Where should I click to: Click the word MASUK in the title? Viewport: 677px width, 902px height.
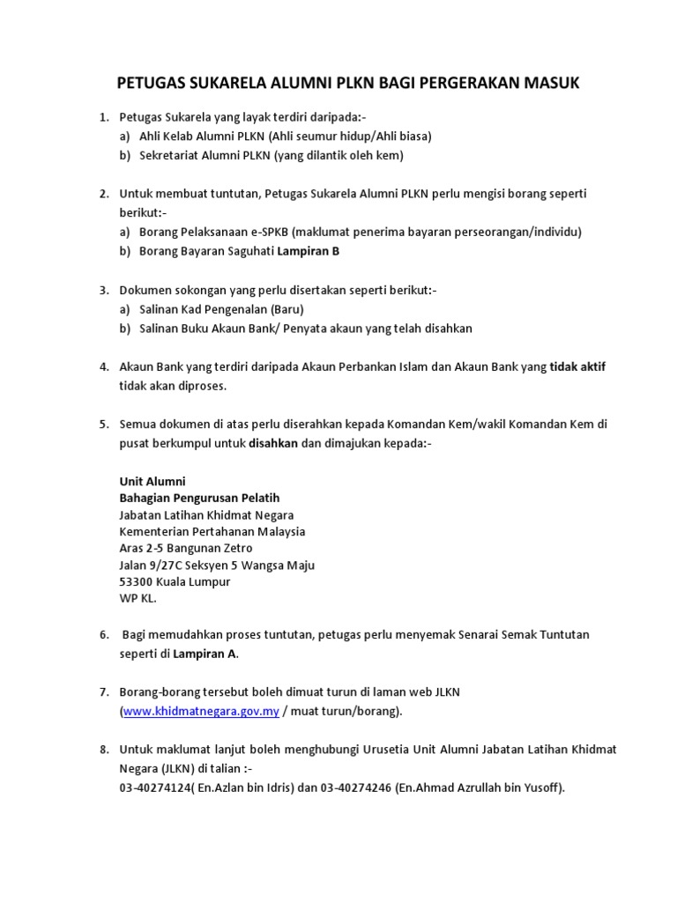pyautogui.click(x=547, y=84)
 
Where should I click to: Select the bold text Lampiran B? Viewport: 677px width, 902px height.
pyautogui.click(x=309, y=251)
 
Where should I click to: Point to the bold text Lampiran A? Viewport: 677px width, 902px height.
pyautogui.click(x=205, y=654)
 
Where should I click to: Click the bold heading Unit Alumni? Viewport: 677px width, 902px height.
pyautogui.click(x=153, y=481)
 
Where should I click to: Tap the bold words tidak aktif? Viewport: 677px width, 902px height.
pyautogui.click(x=577, y=366)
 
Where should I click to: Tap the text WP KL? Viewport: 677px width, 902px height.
pyautogui.click(x=137, y=598)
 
